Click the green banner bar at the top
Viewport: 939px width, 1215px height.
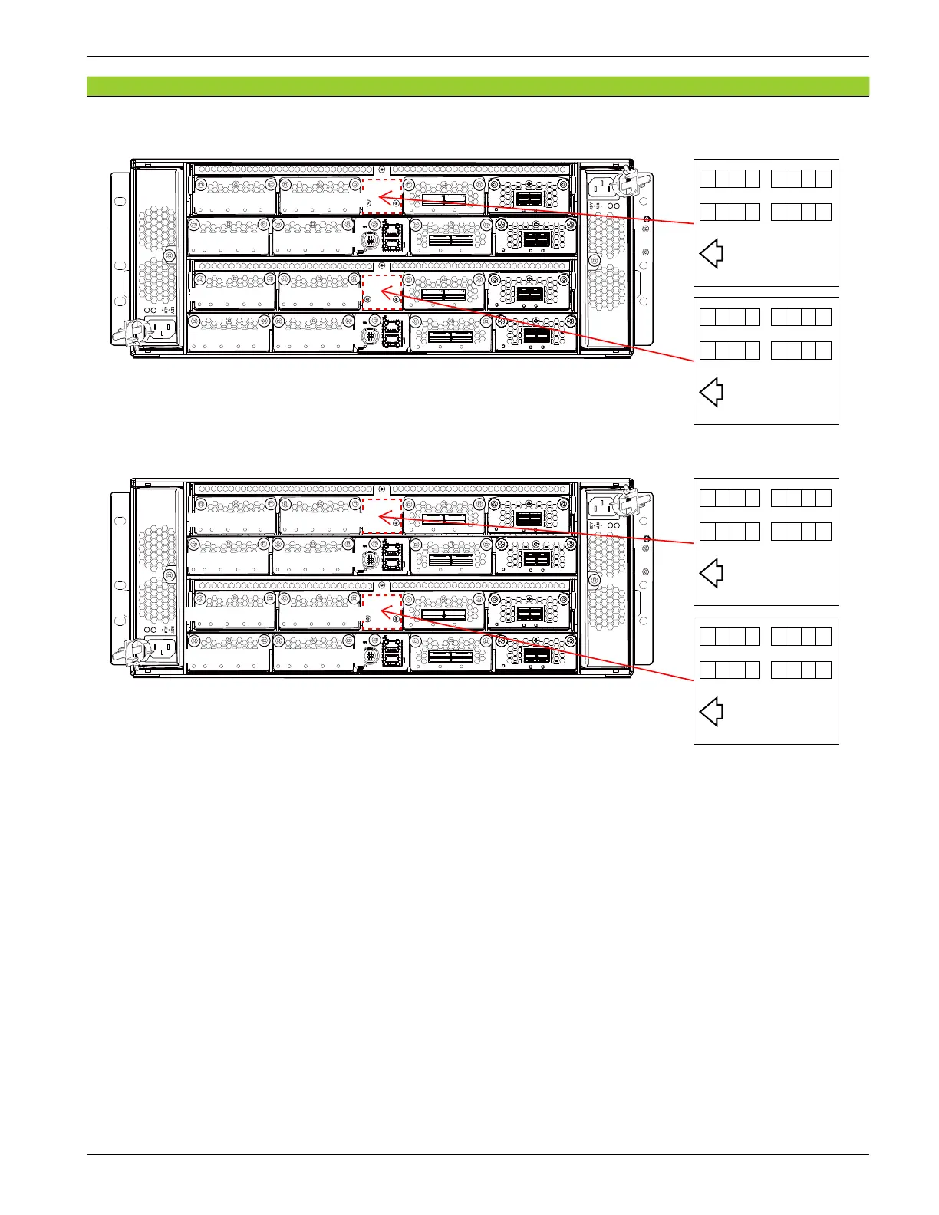477,86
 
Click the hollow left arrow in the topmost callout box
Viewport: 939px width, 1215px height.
711,253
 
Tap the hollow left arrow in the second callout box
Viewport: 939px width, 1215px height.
711,392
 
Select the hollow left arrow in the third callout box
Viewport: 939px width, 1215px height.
711,573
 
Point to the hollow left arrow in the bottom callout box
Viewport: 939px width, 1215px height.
711,712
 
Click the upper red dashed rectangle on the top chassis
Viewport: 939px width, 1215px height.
382,196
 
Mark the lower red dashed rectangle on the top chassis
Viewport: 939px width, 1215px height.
382,292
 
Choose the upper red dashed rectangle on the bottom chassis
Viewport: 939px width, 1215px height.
382,515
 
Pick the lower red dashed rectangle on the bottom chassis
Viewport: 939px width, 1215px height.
382,611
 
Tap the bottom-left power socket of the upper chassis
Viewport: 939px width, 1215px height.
162,331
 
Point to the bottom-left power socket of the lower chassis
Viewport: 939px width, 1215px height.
162,650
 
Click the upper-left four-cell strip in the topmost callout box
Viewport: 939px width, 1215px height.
730,179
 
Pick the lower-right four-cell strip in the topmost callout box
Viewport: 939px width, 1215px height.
801,212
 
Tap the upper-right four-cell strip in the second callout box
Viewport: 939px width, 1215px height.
801,317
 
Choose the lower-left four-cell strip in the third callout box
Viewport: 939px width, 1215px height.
730,532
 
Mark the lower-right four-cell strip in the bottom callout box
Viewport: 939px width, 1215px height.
801,670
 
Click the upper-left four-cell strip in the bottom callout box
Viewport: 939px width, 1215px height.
730,636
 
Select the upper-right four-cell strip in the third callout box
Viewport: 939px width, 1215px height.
801,498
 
